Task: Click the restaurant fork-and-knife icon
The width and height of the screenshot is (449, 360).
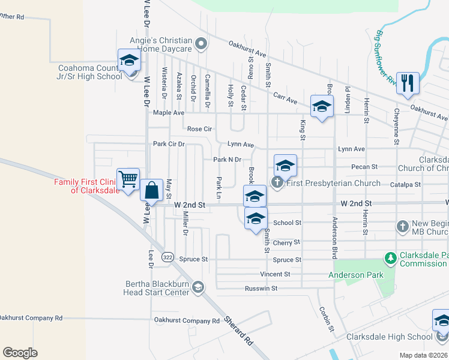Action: [x=408, y=84]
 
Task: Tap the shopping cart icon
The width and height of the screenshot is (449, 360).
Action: [x=128, y=179]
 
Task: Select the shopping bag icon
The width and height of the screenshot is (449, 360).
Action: [x=151, y=190]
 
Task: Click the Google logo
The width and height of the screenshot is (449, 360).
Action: [x=20, y=353]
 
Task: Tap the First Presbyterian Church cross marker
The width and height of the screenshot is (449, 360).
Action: [x=277, y=182]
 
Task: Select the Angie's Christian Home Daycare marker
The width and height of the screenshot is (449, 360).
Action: [x=201, y=43]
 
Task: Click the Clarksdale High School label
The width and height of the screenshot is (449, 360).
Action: [x=389, y=337]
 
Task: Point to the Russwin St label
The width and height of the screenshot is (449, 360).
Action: [x=261, y=289]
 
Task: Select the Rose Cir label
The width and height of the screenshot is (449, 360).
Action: [x=200, y=129]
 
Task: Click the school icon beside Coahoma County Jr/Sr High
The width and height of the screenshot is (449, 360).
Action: [x=129, y=61]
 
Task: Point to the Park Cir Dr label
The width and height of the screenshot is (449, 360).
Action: [x=169, y=144]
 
